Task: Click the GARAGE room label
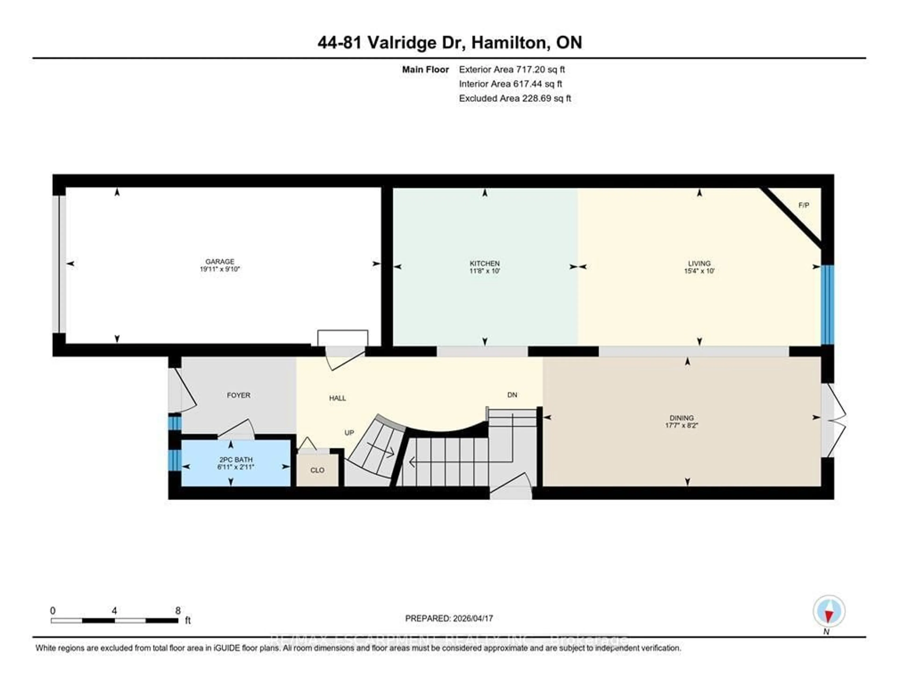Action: click(x=220, y=261)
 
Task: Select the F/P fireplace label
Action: click(x=804, y=205)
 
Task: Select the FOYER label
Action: click(x=239, y=395)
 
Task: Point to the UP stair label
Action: click(x=349, y=432)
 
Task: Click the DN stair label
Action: click(x=512, y=395)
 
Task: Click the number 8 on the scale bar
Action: click(x=178, y=611)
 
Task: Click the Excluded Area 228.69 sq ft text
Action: click(x=515, y=98)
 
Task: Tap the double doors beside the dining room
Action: click(x=833, y=420)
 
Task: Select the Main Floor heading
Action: click(x=425, y=69)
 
